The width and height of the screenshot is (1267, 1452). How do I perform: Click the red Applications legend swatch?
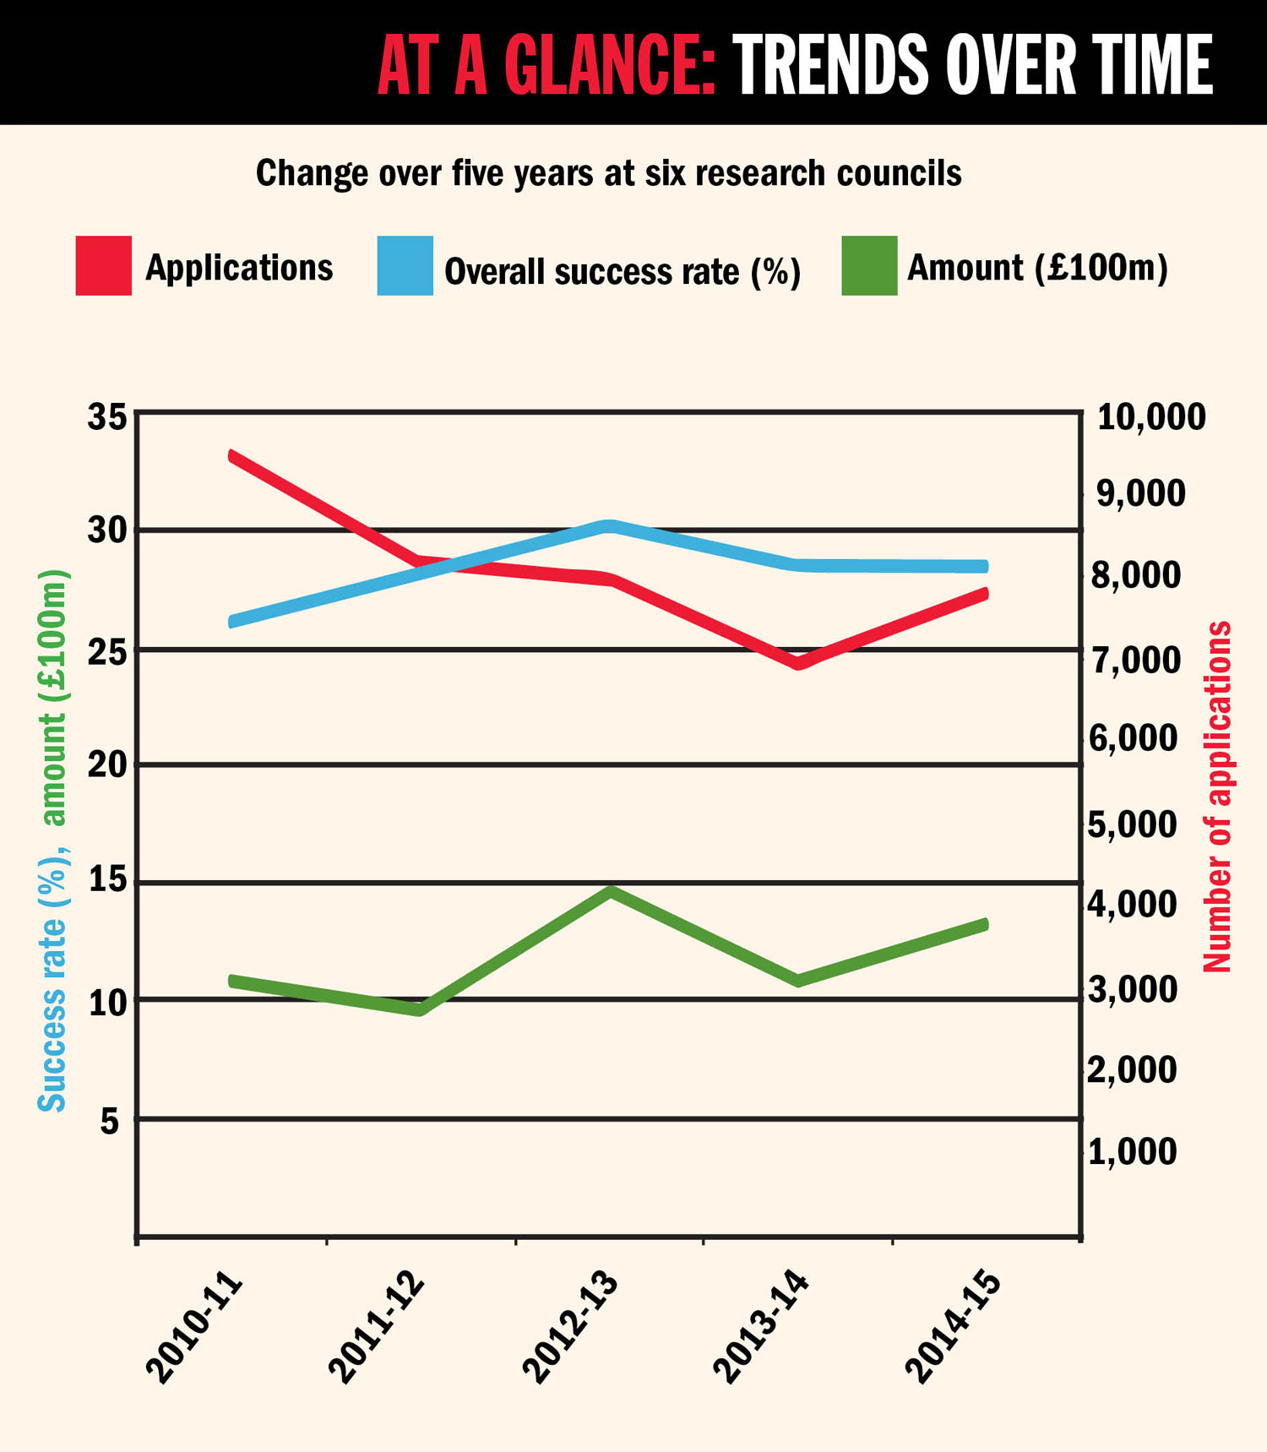click(103, 266)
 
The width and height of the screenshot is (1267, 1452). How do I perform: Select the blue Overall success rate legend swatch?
click(405, 266)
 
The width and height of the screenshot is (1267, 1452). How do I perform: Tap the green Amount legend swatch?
click(869, 266)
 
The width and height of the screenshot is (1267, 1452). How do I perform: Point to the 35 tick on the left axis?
click(107, 417)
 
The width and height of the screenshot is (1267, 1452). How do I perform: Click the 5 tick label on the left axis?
click(110, 1121)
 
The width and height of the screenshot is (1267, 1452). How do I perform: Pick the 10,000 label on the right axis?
click(1150, 417)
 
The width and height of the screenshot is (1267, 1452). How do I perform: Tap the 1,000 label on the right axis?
click(1132, 1152)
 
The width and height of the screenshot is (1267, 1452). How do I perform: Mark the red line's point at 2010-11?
click(232, 456)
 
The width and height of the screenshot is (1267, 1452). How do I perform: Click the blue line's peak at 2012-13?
click(610, 526)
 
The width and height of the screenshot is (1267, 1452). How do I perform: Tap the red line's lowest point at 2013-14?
click(798, 663)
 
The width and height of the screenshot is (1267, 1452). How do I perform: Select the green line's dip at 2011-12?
click(420, 1009)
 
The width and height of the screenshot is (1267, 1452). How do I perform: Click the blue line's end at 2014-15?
click(983, 567)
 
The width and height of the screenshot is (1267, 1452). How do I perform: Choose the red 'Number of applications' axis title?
click(1217, 796)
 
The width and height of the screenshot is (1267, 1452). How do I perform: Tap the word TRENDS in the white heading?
click(829, 65)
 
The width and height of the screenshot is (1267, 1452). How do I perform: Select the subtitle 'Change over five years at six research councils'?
click(608, 173)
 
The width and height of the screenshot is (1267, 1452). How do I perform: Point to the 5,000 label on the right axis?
click(1132, 825)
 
